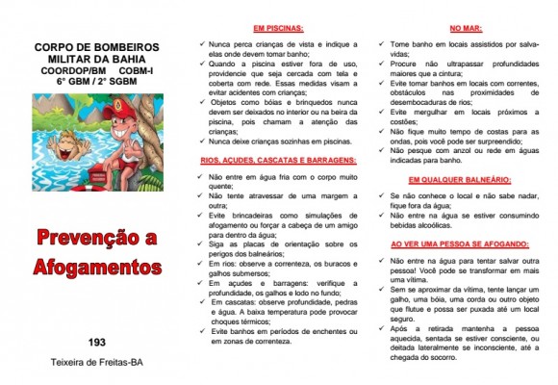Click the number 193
click(96, 342)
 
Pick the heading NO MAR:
click(453, 29)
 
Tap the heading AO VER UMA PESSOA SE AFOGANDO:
click(453, 245)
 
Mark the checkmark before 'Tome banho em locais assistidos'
click(380, 43)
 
